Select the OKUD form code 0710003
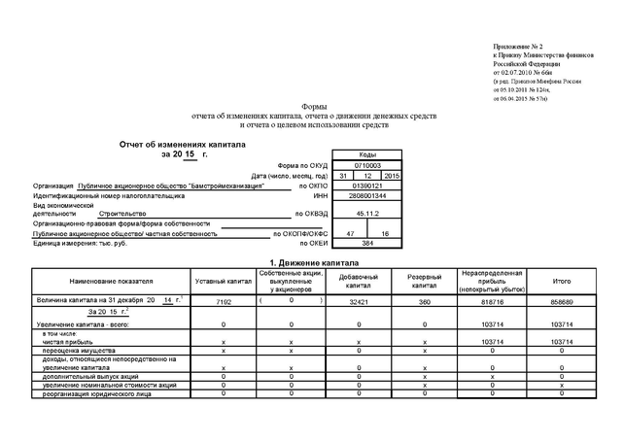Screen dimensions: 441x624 pyautogui.click(x=366, y=165)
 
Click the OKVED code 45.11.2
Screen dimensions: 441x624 pyautogui.click(x=366, y=212)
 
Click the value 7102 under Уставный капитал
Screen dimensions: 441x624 pyautogui.click(x=224, y=303)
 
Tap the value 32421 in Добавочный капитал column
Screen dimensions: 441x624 pyautogui.click(x=358, y=303)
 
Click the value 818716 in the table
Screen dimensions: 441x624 pyautogui.click(x=493, y=303)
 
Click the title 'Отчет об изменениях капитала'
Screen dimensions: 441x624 pyautogui.click(x=183, y=144)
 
